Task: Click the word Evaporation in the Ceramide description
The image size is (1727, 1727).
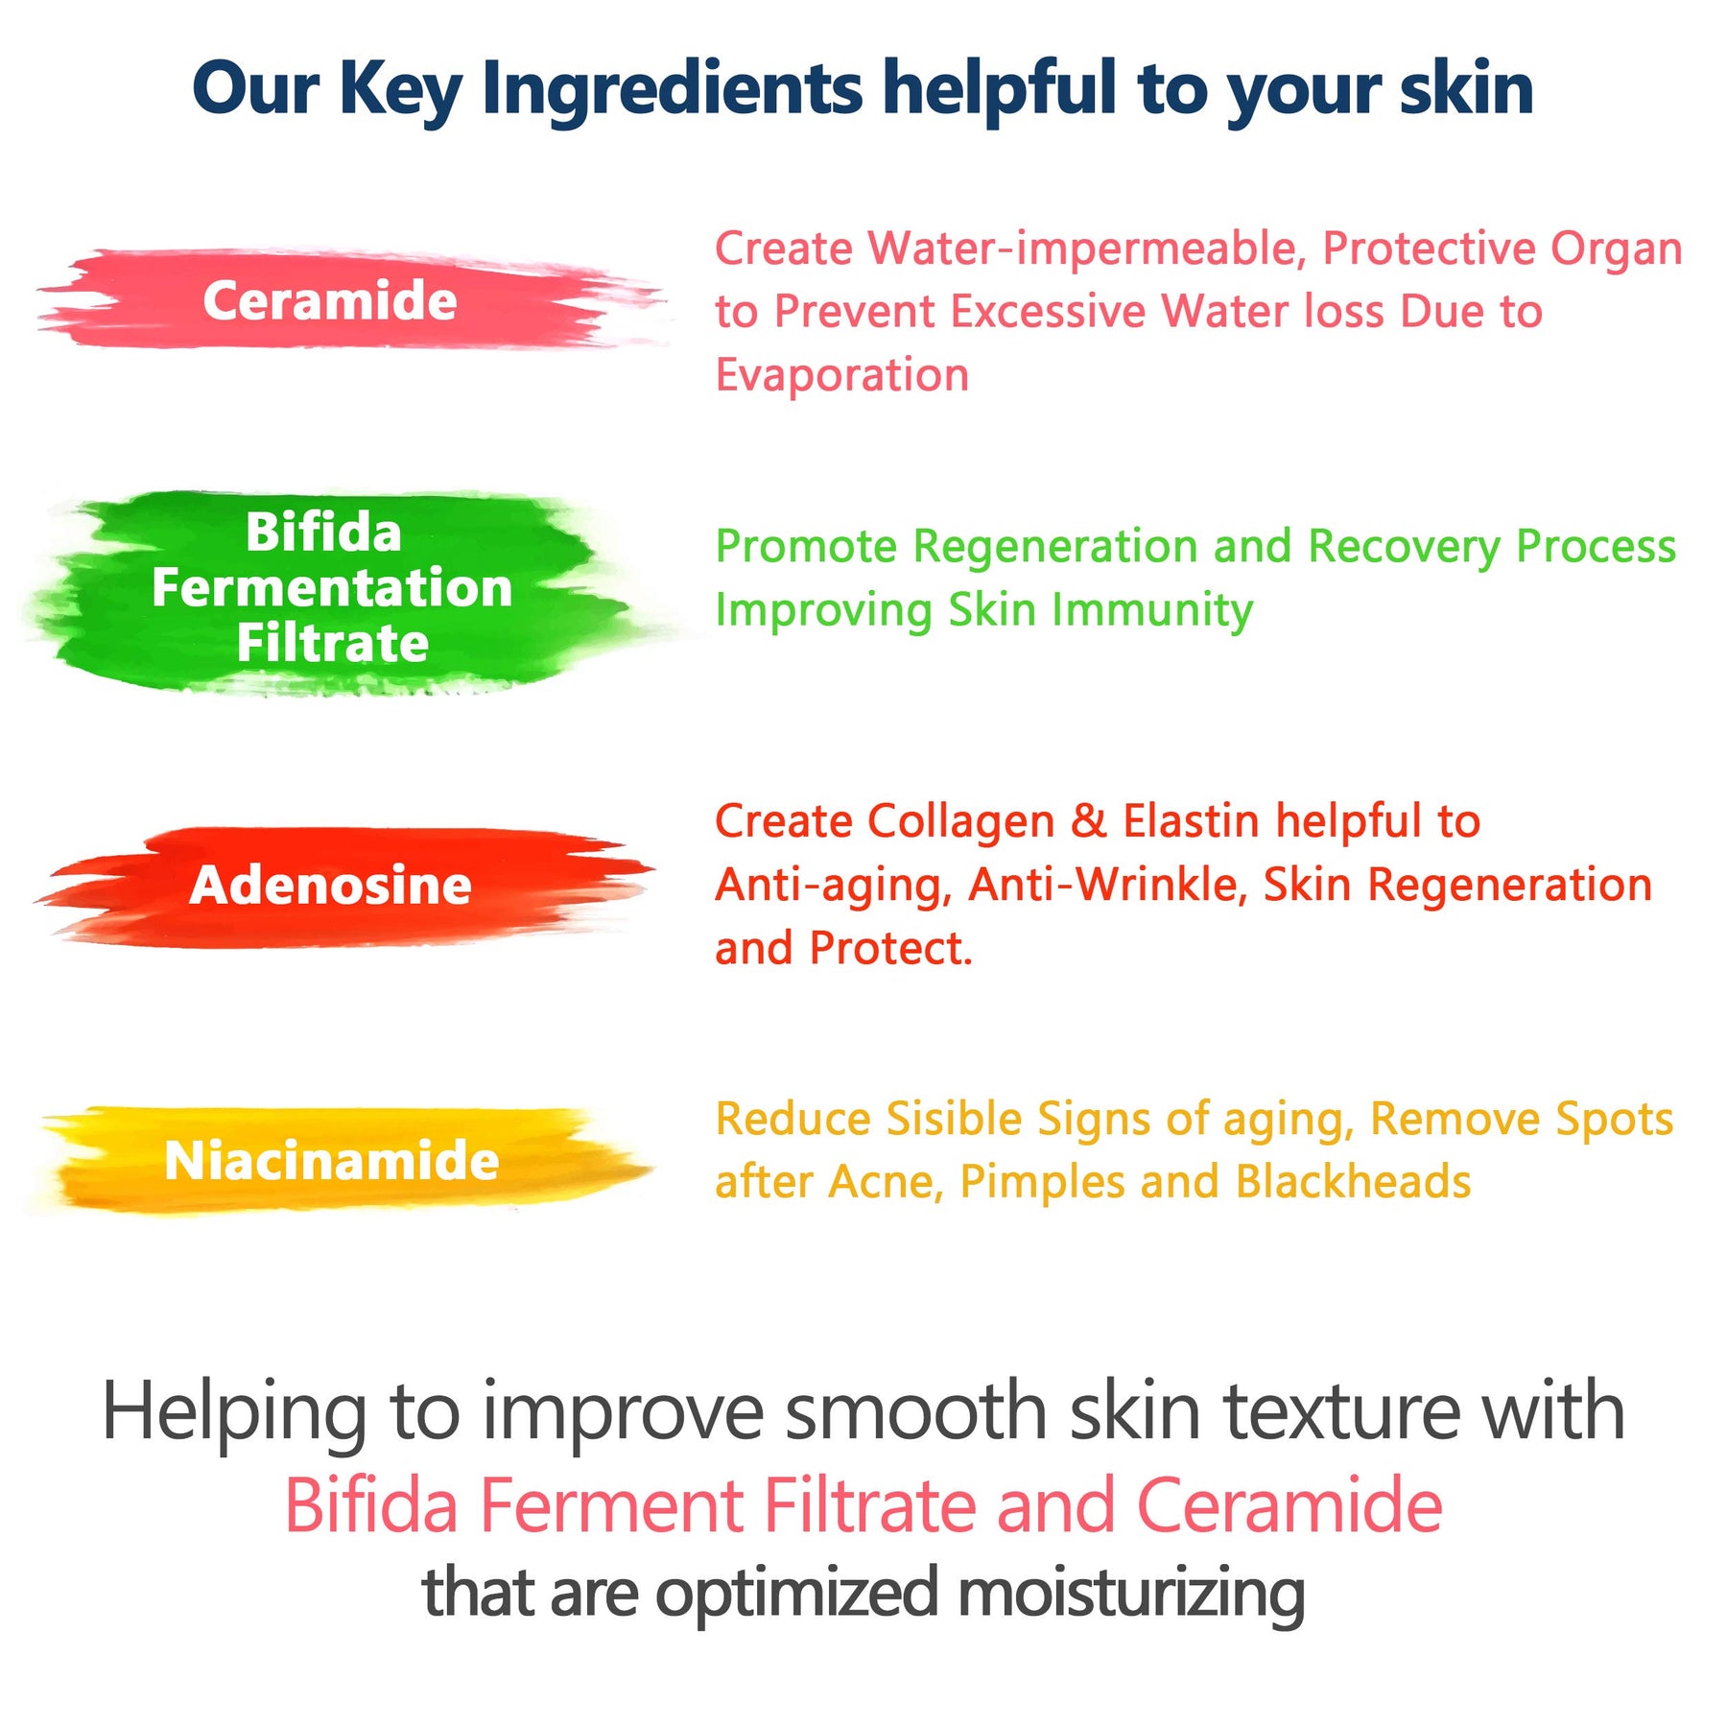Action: coord(842,374)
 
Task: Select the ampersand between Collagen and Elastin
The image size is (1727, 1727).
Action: coord(1089,821)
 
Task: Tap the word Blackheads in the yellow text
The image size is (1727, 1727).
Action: coord(1353,1182)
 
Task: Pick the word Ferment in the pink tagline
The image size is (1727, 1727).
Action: coord(611,1506)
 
